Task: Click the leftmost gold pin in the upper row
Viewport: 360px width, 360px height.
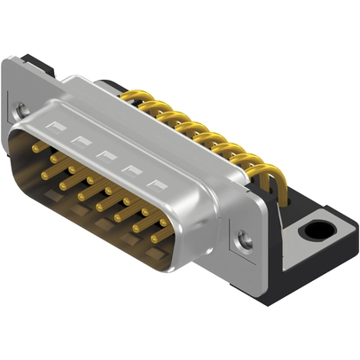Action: [x=39, y=150]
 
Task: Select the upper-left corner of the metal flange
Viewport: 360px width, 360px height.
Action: [x=8, y=62]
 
